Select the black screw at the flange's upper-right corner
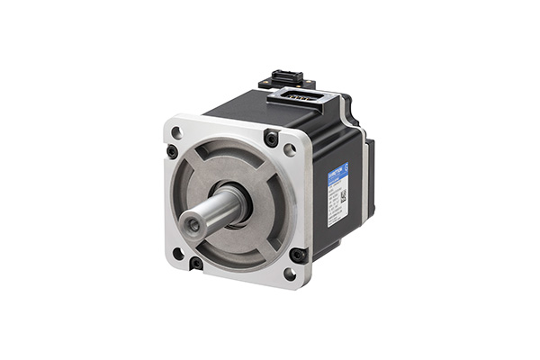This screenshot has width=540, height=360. [271, 138]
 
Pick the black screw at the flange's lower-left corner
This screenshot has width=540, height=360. [195, 263]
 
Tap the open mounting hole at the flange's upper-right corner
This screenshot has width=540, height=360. [290, 150]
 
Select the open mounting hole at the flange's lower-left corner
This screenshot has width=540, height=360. [178, 253]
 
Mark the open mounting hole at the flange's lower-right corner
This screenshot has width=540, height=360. [290, 273]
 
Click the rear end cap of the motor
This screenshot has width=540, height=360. [369, 180]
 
